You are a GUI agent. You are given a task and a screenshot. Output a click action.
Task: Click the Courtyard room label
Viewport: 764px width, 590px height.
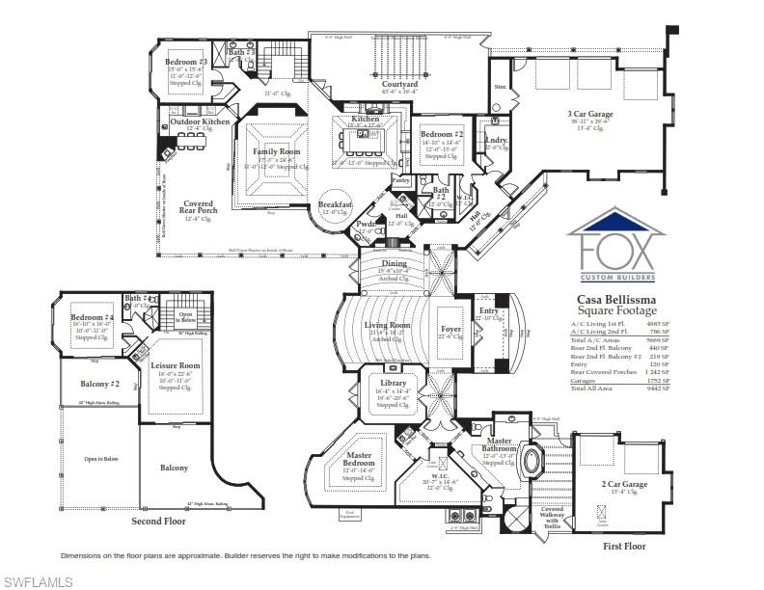(399, 84)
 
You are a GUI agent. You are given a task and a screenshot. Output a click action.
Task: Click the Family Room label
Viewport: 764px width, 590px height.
(277, 151)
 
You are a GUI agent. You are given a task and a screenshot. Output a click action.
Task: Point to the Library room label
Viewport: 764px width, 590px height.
(392, 383)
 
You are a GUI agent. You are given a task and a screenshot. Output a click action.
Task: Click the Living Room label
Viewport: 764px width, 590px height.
(388, 325)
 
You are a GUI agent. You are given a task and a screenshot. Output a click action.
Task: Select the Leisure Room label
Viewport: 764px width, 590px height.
(176, 366)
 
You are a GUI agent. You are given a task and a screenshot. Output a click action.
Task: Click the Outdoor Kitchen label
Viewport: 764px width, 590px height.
(200, 121)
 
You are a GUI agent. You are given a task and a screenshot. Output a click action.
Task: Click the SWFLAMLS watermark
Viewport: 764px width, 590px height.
(36, 580)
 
